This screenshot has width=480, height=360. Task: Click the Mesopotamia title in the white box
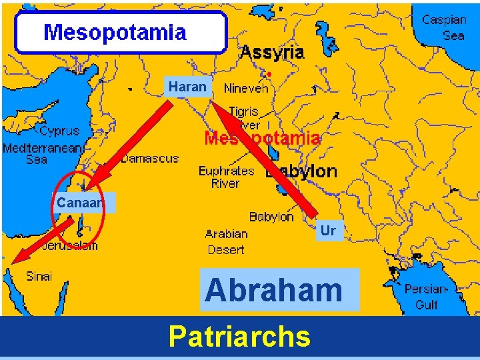point(115,32)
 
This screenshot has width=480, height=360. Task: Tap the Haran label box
point(187,87)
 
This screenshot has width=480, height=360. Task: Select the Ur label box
point(328,231)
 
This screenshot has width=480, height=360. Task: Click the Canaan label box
point(79,202)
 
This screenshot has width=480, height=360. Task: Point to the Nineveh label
point(246,88)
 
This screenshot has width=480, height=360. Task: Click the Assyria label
point(272,52)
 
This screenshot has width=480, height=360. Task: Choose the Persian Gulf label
point(427,297)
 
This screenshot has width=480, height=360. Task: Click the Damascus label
point(150,158)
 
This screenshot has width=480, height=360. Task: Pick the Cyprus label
point(59,131)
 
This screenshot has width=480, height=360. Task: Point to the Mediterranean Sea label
point(41,153)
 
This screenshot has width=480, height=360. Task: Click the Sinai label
point(39,276)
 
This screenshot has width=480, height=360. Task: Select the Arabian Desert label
point(226,242)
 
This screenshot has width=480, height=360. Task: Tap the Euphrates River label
point(227,177)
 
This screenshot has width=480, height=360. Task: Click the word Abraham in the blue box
point(273,290)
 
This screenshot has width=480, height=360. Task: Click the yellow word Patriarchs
point(239,337)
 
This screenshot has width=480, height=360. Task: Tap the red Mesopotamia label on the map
point(262,139)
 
